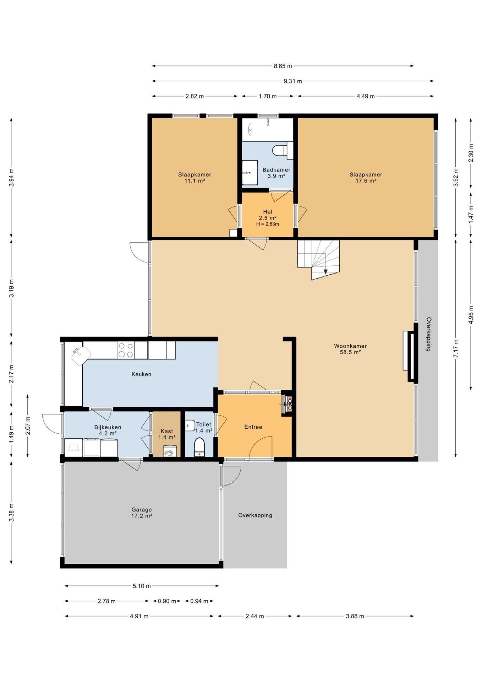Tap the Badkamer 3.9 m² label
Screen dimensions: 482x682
tap(276, 173)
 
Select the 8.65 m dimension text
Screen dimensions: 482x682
tap(283, 66)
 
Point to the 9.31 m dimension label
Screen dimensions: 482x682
tap(293, 81)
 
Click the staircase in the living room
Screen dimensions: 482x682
tap(318, 260)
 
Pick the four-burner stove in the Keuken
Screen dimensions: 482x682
tap(126, 350)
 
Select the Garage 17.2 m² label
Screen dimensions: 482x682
tap(142, 513)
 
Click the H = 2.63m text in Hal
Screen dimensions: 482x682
tap(268, 224)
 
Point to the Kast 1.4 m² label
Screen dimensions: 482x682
tap(167, 434)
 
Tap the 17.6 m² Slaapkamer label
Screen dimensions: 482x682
tap(366, 177)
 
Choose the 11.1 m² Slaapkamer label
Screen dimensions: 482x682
tap(195, 177)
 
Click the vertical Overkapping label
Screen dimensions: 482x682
tap(428, 334)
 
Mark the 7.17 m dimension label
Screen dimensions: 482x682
tap(456, 348)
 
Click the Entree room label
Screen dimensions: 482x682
tap(253, 427)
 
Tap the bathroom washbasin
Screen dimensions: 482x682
tap(250, 172)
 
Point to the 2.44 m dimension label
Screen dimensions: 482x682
tap(254, 616)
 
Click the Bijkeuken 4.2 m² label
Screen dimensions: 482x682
tap(108, 430)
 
